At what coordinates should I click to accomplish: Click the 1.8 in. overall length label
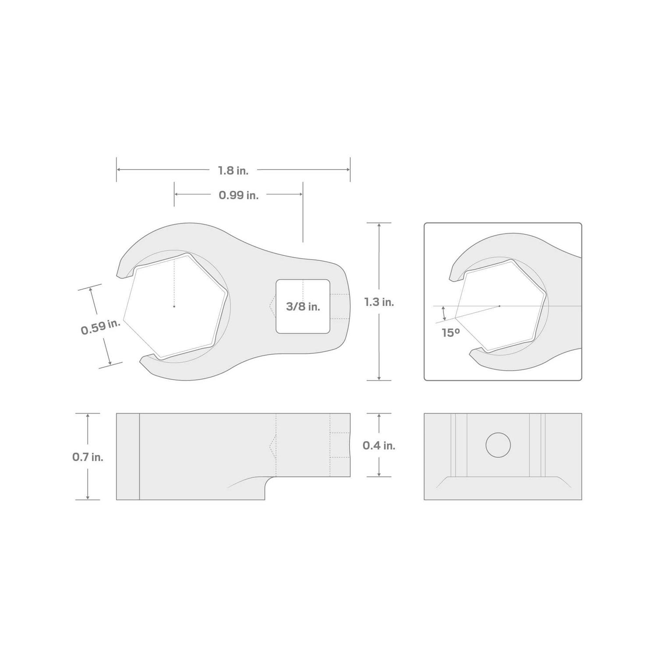(233, 170)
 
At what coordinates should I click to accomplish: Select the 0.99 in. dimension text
(238, 195)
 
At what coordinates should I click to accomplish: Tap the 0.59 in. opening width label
(100, 327)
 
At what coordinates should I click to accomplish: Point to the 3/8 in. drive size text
(303, 307)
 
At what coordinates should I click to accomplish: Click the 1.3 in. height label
(379, 302)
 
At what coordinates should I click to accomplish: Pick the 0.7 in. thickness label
(88, 457)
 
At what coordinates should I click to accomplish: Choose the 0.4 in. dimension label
(379, 445)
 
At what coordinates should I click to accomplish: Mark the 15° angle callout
(451, 333)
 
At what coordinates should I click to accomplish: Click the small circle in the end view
(498, 445)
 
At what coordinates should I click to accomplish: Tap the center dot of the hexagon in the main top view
(174, 306)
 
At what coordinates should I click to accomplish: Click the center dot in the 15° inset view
(499, 306)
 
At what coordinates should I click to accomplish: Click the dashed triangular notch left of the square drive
(272, 307)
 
